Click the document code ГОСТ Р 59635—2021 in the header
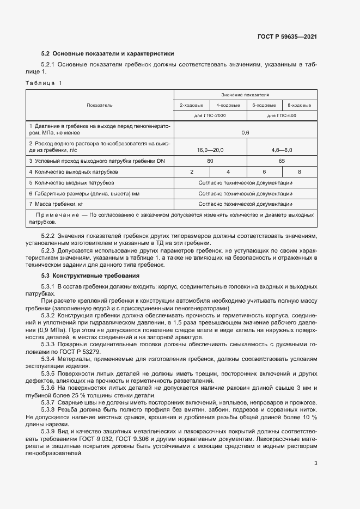tap(287, 37)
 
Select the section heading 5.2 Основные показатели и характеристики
tap(108, 54)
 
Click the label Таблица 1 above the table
tap(44, 83)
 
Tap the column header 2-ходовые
tap(191, 105)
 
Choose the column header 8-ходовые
tap(299, 105)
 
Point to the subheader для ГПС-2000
tap(210, 116)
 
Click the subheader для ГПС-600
tap(281, 116)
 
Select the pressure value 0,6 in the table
tap(245, 132)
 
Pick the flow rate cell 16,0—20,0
tap(210, 149)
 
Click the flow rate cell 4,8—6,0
tap(281, 149)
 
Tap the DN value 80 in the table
tap(210, 161)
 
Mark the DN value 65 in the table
tap(281, 161)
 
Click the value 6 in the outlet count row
tap(264, 172)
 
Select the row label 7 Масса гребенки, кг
tap(56, 204)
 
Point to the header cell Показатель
tap(100, 105)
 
